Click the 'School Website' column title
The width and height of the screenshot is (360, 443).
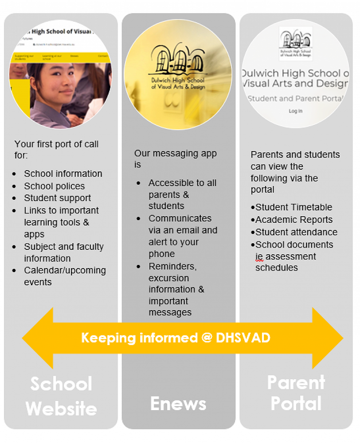(x=61, y=396)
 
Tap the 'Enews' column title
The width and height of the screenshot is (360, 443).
(x=178, y=404)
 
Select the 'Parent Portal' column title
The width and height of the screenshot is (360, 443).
(x=296, y=393)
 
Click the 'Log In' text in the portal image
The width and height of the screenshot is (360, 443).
(x=295, y=111)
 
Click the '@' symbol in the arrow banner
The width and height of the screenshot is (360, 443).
(x=207, y=338)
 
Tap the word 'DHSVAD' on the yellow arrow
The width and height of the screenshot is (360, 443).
(x=243, y=338)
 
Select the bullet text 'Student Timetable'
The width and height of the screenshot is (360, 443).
(x=293, y=207)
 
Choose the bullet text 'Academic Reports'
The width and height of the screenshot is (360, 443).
(x=293, y=220)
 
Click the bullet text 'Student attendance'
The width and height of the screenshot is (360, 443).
(x=296, y=232)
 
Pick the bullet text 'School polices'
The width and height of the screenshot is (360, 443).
(x=54, y=186)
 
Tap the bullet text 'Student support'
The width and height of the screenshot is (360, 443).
(x=57, y=198)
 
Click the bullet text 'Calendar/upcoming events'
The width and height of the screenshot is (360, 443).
(x=65, y=276)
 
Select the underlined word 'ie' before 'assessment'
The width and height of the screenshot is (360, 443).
(x=259, y=256)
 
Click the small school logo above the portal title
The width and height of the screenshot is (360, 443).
(x=296, y=43)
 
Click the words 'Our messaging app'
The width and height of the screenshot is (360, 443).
(x=176, y=154)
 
